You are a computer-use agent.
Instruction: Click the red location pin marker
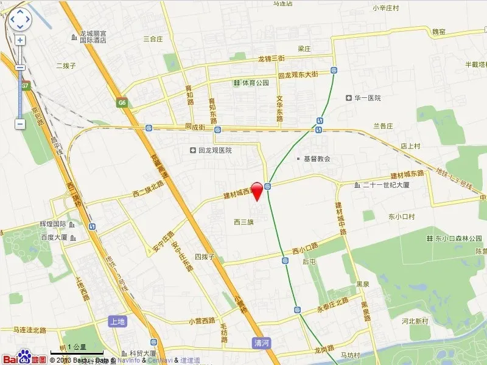click(x=258, y=190)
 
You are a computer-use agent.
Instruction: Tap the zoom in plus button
click(x=20, y=41)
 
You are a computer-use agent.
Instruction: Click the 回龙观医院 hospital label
click(x=211, y=150)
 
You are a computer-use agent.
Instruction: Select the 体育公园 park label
click(x=251, y=83)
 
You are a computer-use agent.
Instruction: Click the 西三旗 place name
click(x=243, y=222)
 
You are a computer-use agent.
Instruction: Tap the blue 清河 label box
click(x=261, y=343)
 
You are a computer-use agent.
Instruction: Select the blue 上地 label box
click(x=117, y=321)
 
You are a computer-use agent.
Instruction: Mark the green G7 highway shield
click(x=26, y=86)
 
